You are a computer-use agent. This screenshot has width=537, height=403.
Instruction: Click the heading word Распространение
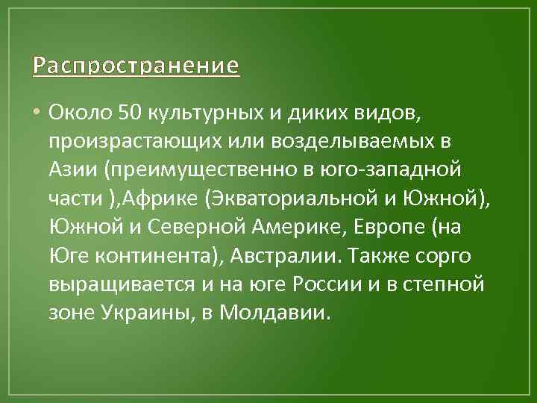click(136, 66)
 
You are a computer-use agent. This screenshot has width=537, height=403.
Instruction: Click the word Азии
click(73, 170)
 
